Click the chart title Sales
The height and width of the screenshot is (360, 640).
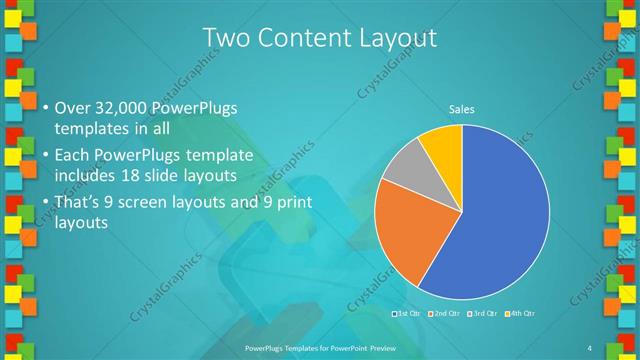coord(461,109)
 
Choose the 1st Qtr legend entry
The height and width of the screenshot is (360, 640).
coord(406,314)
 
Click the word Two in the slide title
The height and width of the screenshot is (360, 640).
coord(225,38)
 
